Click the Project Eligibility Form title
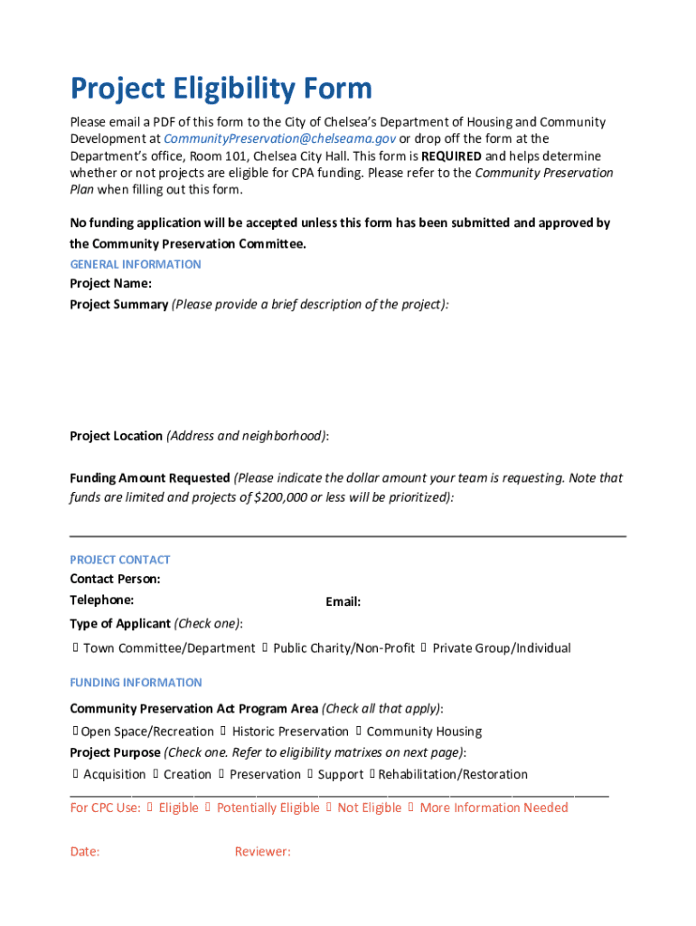pos(221,89)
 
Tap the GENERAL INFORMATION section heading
pos(136,264)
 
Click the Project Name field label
pos(110,283)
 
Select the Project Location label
pos(117,436)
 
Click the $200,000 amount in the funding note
pos(281,497)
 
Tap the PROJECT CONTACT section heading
pos(120,560)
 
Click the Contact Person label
pos(115,579)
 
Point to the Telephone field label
pos(102,600)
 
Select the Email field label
pos(343,601)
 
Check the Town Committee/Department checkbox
pos(76,648)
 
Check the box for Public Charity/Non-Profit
pos(266,648)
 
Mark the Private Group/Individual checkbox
pos(425,648)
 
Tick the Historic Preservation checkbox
pos(224,732)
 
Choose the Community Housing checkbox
pos(359,732)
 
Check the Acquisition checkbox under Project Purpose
pos(76,774)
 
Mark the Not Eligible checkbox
pos(330,808)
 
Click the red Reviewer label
pos(262,851)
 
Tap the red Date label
pos(85,851)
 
